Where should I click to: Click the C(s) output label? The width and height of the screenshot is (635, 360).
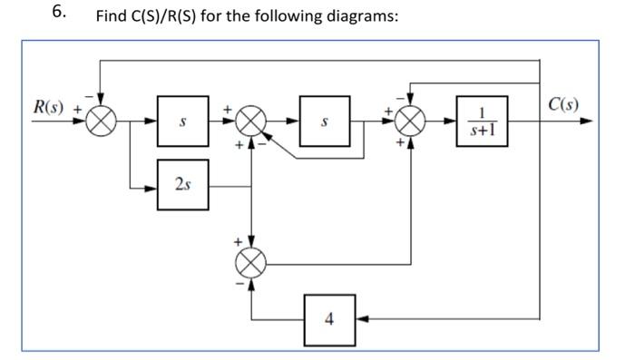tap(564, 102)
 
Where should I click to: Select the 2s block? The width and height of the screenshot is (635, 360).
tap(183, 186)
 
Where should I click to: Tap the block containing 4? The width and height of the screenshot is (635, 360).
tap(328, 318)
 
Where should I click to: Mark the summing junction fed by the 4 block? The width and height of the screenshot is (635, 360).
tap(251, 265)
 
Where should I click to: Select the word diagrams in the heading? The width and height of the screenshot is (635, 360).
tap(364, 18)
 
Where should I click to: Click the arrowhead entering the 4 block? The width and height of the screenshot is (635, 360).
tap(362, 318)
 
